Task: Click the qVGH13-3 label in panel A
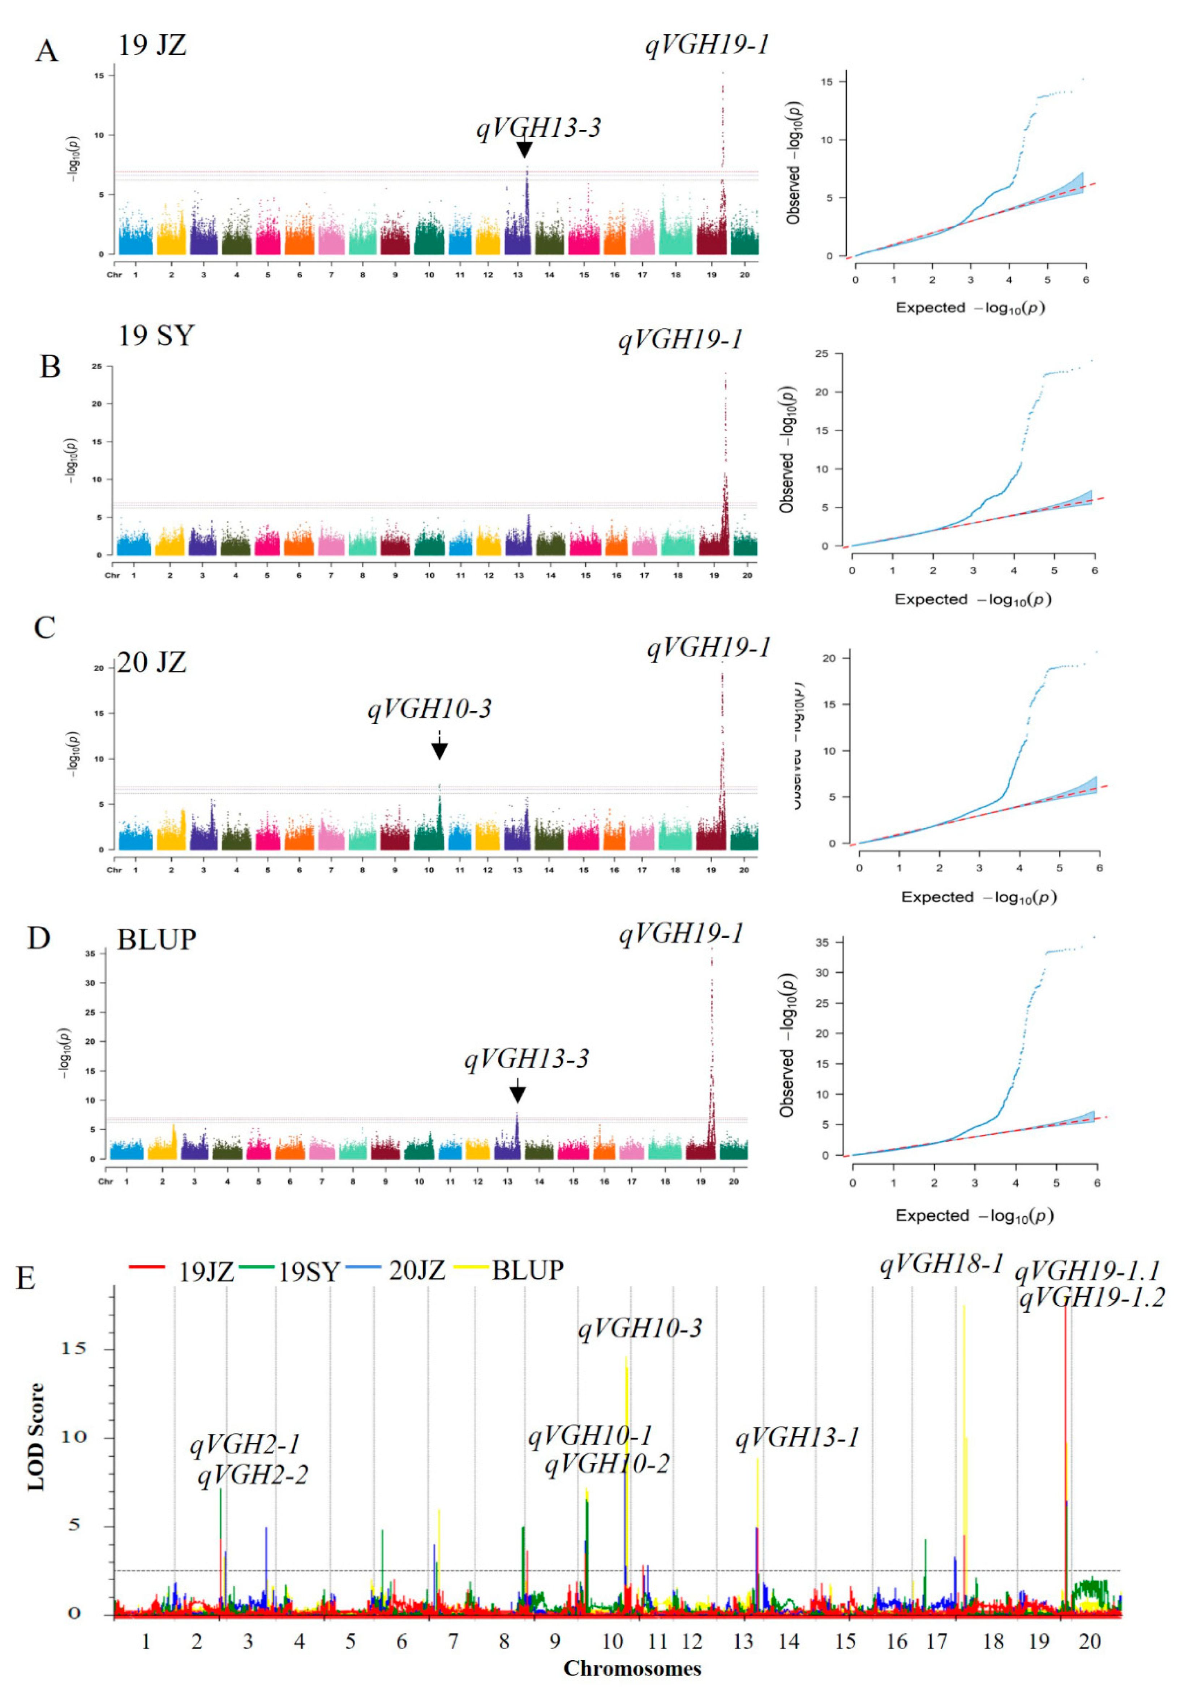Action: pyautogui.click(x=538, y=128)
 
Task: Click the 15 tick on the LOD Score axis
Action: pyautogui.click(x=73, y=1348)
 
